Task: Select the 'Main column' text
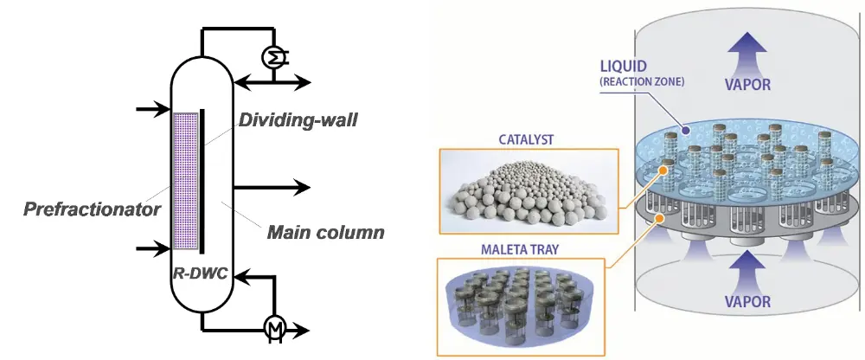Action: pos(325,233)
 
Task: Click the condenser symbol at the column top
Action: pos(275,56)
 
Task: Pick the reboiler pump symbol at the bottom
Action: pos(275,328)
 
